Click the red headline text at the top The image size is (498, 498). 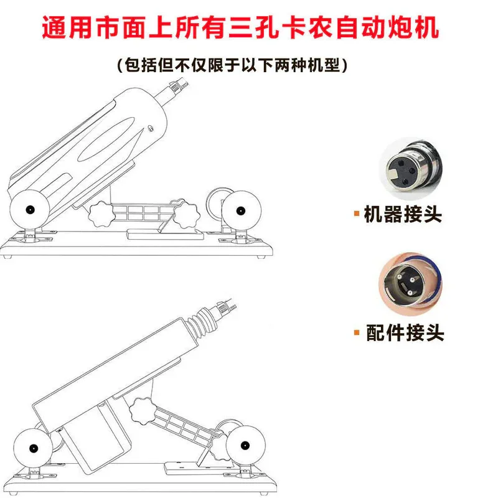[x=240, y=27]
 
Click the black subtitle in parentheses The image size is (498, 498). [x=232, y=65]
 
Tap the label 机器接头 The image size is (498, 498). [x=402, y=214]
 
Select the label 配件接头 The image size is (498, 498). [x=405, y=332]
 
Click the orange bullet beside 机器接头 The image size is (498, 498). [x=357, y=213]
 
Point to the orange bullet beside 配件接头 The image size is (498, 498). [x=357, y=332]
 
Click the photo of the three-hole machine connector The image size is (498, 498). [x=411, y=169]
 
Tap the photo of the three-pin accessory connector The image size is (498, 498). [x=411, y=284]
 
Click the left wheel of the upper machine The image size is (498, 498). [x=29, y=209]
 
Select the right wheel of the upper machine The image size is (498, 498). [x=242, y=210]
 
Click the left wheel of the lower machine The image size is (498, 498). [x=33, y=448]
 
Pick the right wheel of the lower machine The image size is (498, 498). [x=245, y=445]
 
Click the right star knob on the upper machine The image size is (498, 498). [x=185, y=215]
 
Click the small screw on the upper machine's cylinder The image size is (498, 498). [x=151, y=128]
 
